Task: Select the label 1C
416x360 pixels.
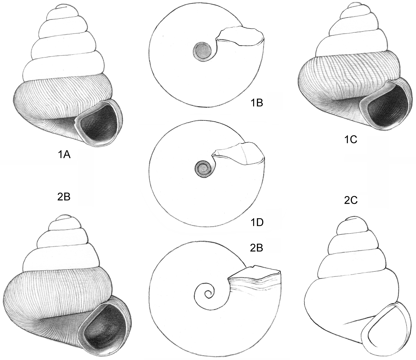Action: [x=351, y=140]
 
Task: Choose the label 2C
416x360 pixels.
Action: [x=351, y=201]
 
